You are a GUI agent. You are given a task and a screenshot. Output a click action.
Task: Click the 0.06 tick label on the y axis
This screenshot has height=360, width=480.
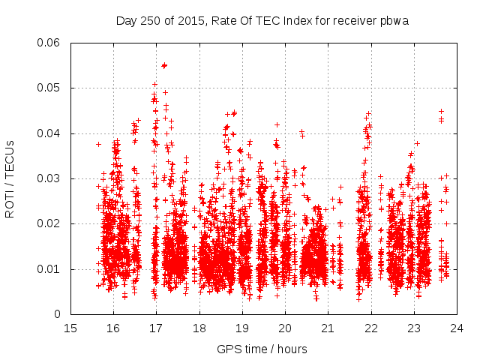(49, 43)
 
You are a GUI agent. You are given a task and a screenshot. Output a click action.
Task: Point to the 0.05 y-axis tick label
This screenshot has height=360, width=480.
(49, 88)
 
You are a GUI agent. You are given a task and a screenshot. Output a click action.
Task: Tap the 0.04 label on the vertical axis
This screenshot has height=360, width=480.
(49, 133)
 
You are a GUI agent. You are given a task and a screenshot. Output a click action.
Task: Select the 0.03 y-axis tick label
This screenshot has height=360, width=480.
(49, 178)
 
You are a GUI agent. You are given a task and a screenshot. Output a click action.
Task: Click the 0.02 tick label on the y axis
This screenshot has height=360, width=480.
(49, 223)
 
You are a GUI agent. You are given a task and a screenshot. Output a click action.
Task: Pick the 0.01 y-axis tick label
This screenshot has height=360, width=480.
(49, 269)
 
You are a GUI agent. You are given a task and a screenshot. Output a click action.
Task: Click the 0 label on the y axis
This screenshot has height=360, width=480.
(58, 314)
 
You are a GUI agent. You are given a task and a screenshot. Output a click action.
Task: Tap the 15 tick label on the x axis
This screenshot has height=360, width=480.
(70, 328)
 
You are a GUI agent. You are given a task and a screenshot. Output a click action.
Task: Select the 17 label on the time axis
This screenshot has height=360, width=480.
(156, 328)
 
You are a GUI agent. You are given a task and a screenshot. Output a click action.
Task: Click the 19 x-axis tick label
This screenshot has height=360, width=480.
(242, 328)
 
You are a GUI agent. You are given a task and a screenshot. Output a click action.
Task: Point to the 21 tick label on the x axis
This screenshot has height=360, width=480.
(328, 328)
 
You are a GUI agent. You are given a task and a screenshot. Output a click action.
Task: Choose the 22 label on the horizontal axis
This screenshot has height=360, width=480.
(370, 328)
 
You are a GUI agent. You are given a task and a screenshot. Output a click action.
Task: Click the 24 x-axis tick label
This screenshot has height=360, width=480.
(457, 328)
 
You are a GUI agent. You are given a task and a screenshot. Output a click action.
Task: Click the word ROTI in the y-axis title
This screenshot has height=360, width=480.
(10, 204)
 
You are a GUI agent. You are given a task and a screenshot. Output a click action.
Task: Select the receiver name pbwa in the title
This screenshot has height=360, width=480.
(395, 20)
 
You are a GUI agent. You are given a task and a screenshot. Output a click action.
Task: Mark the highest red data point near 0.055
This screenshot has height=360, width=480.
(163, 66)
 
